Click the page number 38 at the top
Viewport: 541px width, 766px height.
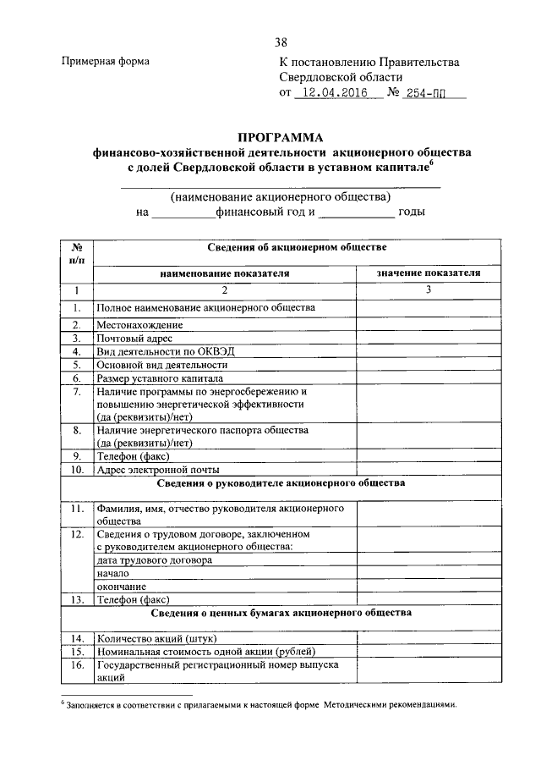pyautogui.click(x=281, y=41)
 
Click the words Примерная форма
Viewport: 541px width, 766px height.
pyautogui.click(x=106, y=61)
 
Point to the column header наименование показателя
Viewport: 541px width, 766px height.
pyautogui.click(x=224, y=273)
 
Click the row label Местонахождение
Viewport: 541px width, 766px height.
pyautogui.click(x=139, y=325)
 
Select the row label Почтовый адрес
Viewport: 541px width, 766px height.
pyautogui.click(x=134, y=339)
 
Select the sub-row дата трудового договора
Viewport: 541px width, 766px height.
pyautogui.click(x=154, y=560)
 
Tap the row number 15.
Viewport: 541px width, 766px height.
pyautogui.click(x=76, y=651)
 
